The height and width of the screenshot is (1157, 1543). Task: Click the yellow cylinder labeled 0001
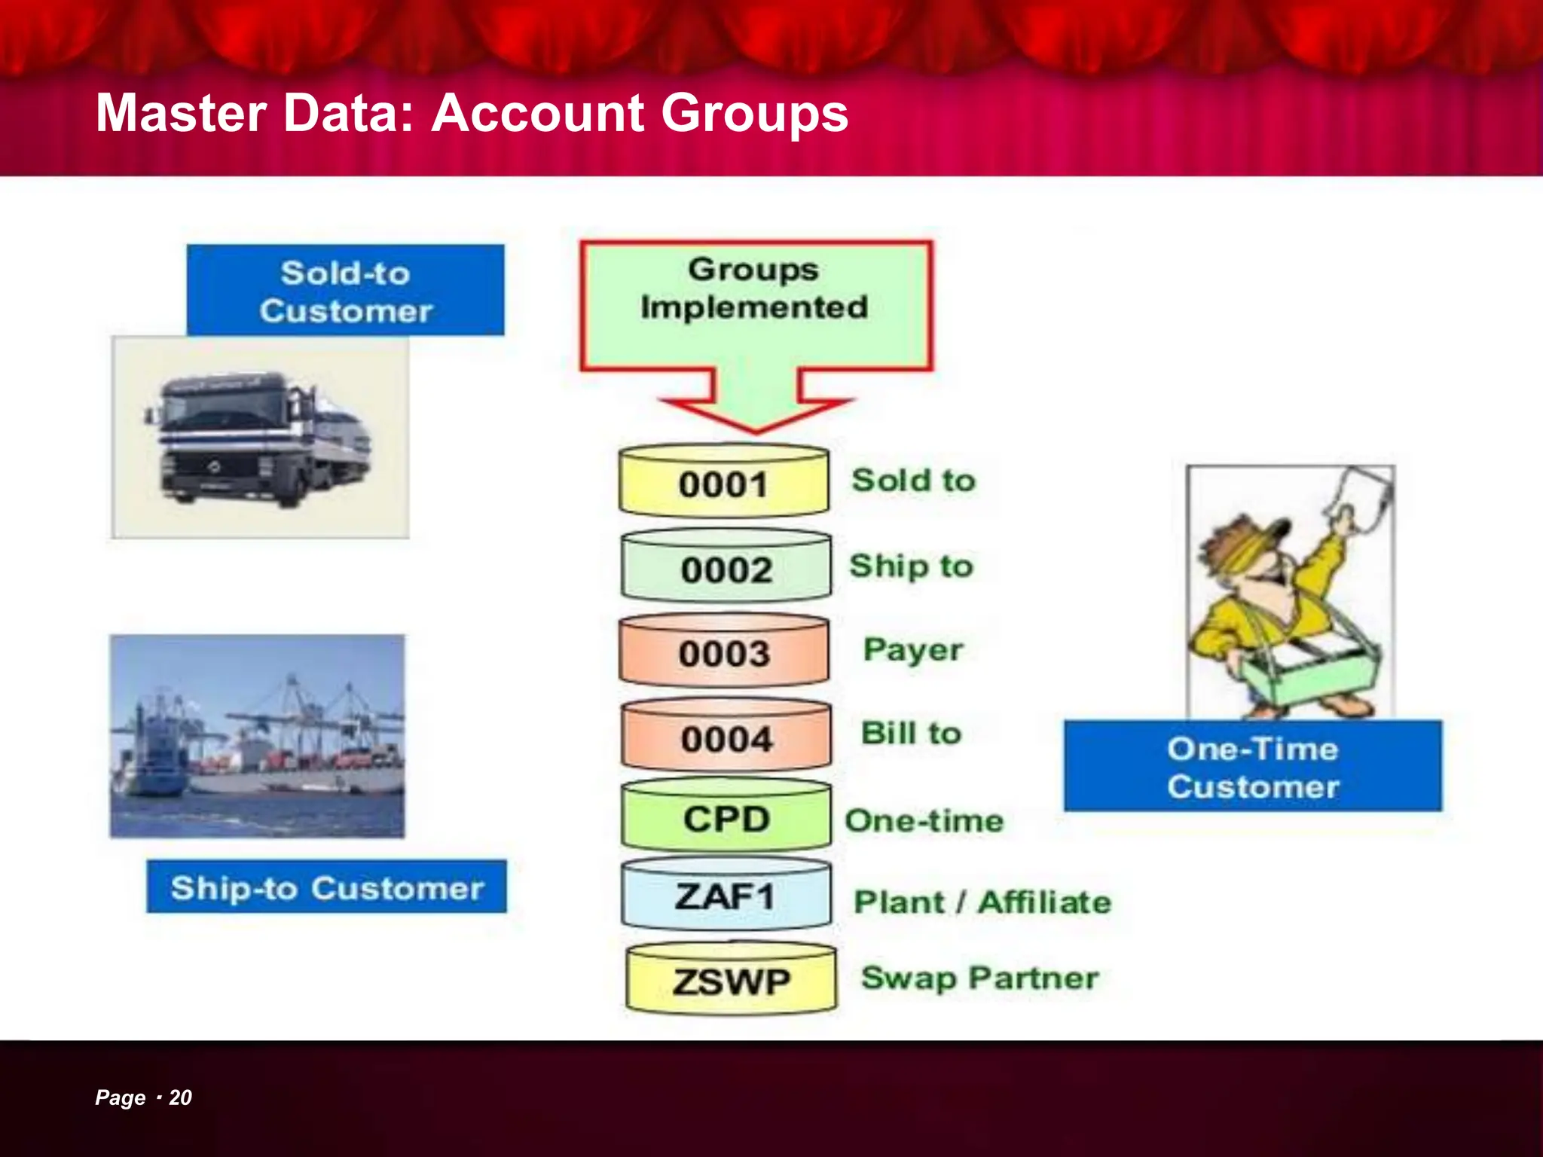(x=723, y=483)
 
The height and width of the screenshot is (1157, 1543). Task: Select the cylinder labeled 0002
(x=726, y=568)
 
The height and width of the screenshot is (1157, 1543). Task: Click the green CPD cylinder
(x=726, y=818)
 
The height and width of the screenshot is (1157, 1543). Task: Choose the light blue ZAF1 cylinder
(x=726, y=896)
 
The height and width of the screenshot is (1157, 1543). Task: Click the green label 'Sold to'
(x=913, y=481)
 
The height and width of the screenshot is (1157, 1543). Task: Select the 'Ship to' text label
(x=912, y=566)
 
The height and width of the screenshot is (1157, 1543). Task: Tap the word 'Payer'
(x=913, y=650)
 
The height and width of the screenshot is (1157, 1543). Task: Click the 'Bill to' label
(x=912, y=734)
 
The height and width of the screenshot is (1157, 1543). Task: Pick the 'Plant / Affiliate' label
(x=982, y=902)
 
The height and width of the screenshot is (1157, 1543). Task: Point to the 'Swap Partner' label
(x=979, y=978)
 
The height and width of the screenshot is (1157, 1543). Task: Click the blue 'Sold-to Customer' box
(x=346, y=291)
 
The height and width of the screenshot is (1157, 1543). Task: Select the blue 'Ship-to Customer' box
(x=327, y=887)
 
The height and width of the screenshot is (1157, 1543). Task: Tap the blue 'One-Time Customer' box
(x=1253, y=767)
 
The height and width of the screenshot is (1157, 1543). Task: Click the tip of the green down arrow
(x=756, y=429)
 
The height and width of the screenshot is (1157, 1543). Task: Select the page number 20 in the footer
(x=180, y=1097)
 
